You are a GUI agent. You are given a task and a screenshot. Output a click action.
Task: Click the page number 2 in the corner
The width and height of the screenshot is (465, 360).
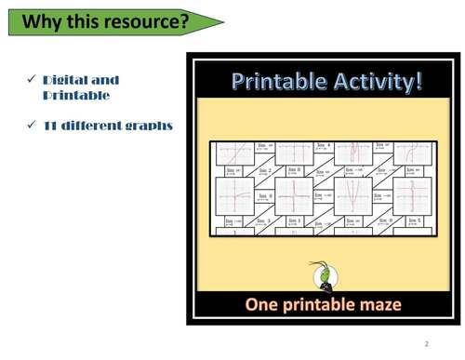pos(426,344)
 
